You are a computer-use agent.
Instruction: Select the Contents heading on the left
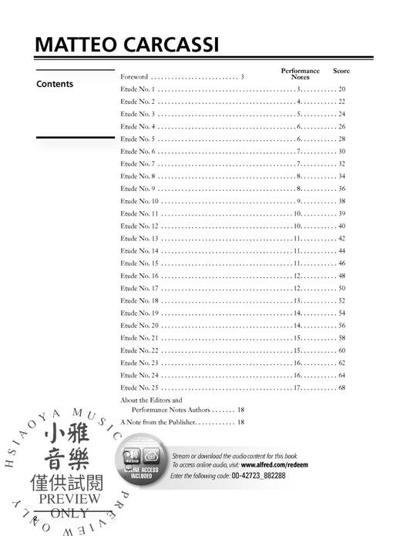55,84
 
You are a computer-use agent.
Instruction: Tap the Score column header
341,71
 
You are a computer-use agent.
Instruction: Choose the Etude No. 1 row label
137,89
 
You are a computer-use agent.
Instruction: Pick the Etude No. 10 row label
139,201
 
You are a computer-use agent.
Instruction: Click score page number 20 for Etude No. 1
341,89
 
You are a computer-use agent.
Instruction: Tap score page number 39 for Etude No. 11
341,213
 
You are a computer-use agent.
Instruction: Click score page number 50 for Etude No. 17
341,287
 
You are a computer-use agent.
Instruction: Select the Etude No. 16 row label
139,275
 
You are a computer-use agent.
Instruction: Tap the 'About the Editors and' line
151,400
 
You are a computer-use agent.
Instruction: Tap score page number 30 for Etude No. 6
341,152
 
